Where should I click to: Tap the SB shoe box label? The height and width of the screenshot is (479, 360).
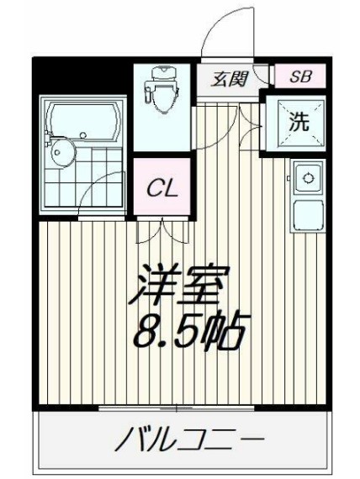pos(299,77)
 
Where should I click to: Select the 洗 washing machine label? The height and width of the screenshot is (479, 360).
pos(299,121)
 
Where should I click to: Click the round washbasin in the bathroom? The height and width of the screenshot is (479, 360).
pos(60,153)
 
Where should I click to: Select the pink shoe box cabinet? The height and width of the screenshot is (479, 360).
pos(299,77)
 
